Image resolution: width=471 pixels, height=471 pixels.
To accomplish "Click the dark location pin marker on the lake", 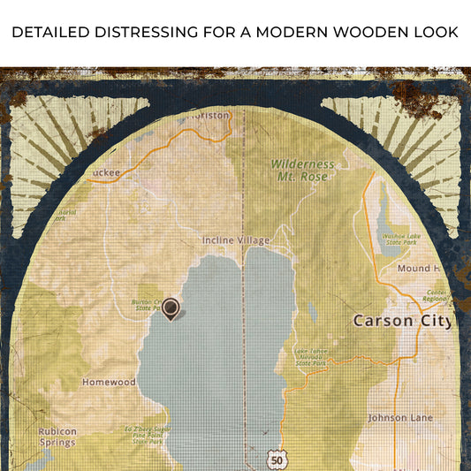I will [x=171, y=308].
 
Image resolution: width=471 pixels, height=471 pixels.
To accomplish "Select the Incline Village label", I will [x=236, y=240].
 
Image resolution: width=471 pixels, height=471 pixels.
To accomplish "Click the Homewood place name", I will [x=109, y=383].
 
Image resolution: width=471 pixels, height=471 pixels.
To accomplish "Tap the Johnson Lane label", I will [x=399, y=417].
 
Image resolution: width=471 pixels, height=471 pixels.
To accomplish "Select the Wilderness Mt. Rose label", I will [x=302, y=170].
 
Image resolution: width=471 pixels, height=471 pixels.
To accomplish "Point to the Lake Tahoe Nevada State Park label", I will [x=311, y=356].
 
